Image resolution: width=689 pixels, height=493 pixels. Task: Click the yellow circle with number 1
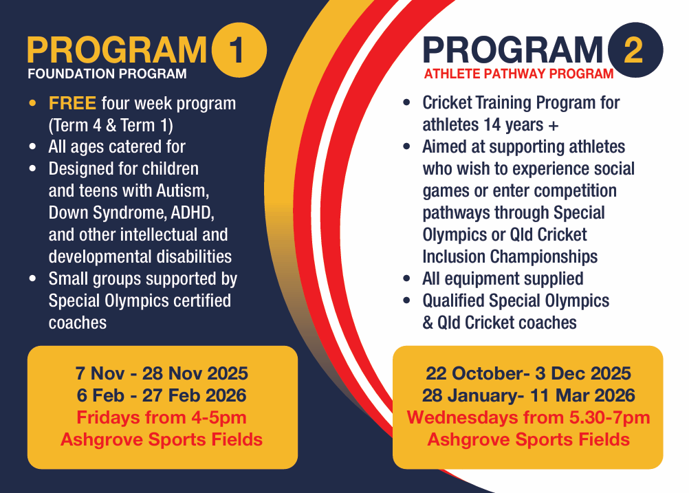pos(239,50)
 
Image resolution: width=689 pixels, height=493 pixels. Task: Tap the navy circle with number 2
pos(635,50)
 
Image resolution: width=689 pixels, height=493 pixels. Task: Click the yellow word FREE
pos(72,103)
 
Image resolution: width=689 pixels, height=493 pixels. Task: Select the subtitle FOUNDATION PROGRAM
pos(107,74)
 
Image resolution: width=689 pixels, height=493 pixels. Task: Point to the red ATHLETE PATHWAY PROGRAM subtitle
pos(518,74)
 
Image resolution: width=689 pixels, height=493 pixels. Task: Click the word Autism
pos(183,191)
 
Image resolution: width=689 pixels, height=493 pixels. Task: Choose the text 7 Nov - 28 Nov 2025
pos(162,373)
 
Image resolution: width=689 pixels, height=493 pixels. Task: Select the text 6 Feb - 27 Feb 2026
pos(162,395)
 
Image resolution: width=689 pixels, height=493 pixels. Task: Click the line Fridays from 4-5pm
pos(162,417)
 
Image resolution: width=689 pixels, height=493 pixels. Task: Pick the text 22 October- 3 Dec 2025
pos(528,373)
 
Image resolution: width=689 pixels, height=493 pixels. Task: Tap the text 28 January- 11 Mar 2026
pos(528,395)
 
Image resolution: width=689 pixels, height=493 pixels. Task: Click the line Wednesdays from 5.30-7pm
pos(528,417)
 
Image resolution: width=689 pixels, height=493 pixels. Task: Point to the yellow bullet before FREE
pos(32,104)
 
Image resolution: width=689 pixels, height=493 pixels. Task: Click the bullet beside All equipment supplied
pos(406,279)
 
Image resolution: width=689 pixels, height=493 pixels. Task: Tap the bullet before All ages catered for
pos(32,147)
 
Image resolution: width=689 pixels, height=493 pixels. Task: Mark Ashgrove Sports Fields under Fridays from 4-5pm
pos(162,439)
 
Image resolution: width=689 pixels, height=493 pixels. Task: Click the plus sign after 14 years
pos(554,126)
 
